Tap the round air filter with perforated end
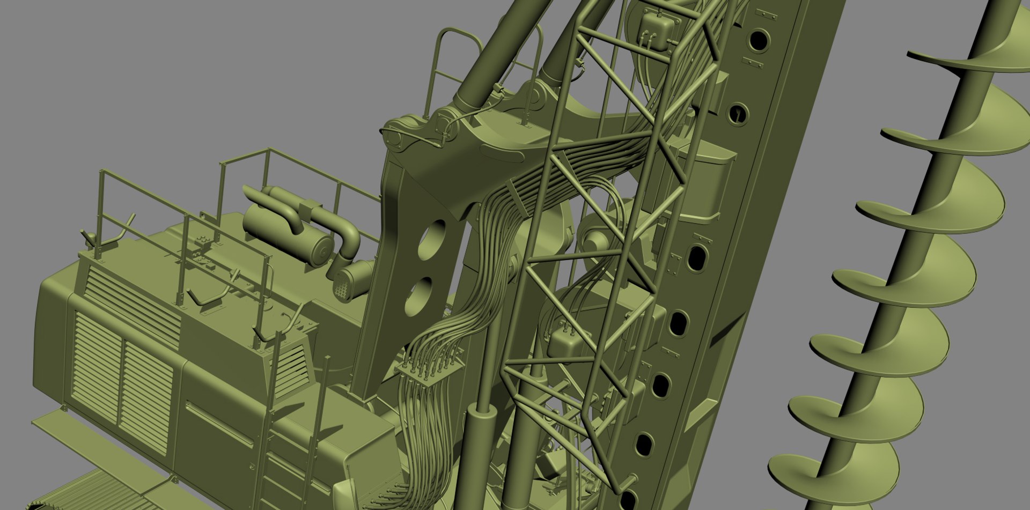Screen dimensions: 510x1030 coord(351,282)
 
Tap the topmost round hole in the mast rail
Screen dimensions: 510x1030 coord(758,40)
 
